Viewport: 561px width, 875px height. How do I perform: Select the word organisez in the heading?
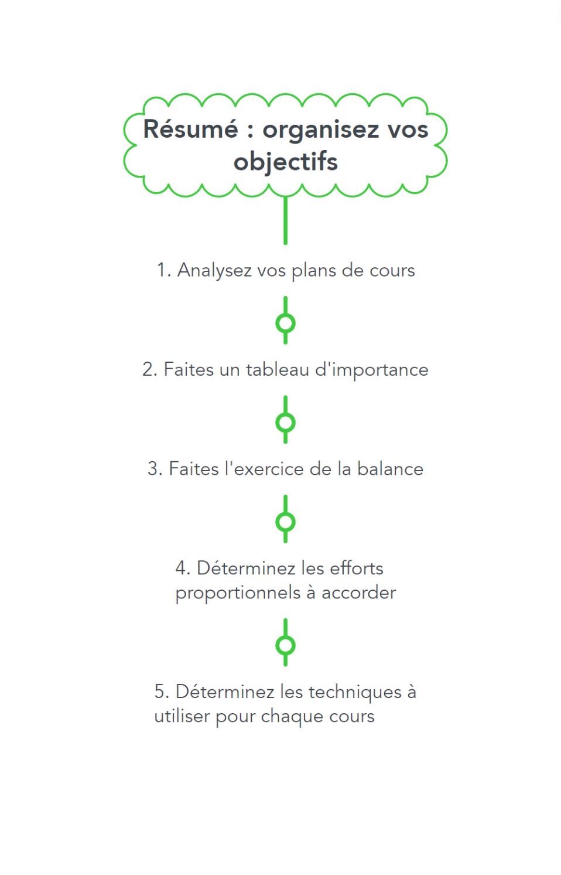click(x=321, y=131)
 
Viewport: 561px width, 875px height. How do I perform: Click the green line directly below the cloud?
click(x=285, y=221)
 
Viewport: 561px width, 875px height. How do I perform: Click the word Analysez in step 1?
click(x=214, y=271)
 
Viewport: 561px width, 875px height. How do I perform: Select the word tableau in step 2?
click(x=277, y=369)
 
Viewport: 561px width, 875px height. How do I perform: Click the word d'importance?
click(x=372, y=370)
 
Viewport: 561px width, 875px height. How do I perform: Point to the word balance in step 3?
click(x=390, y=468)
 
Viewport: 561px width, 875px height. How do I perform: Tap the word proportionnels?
click(x=238, y=593)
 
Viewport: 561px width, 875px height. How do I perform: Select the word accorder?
click(x=358, y=593)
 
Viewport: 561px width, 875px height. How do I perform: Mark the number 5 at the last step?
click(x=159, y=692)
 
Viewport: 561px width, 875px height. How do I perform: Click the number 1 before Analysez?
click(x=161, y=270)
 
